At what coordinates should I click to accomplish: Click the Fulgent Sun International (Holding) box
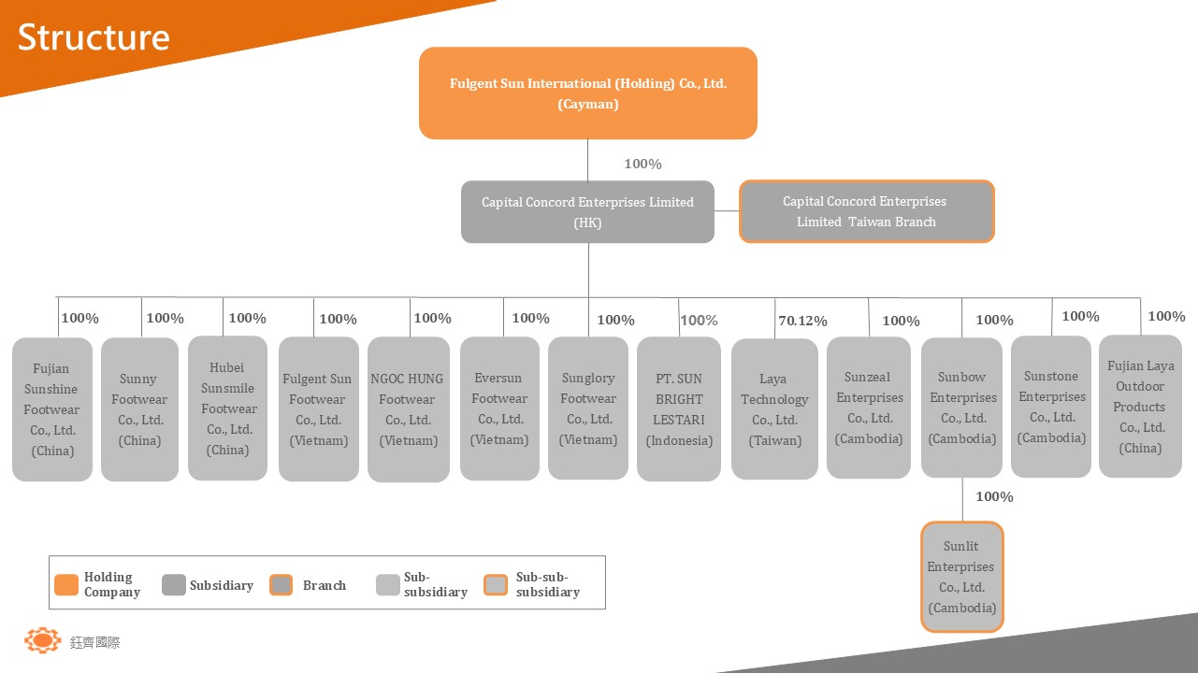[587, 93]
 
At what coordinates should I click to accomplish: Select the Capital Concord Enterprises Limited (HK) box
[587, 212]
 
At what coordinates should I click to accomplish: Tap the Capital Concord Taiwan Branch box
[866, 212]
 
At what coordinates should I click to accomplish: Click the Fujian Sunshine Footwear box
[52, 409]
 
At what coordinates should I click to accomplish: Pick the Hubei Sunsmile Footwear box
[228, 408]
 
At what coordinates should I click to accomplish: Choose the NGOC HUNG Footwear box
[408, 409]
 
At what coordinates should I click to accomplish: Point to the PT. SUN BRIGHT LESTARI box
[679, 409]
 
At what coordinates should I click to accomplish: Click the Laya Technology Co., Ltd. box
[774, 409]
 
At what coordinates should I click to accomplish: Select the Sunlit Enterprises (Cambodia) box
[962, 577]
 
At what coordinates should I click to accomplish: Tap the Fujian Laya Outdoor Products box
[1140, 407]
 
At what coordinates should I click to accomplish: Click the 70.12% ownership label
[802, 322]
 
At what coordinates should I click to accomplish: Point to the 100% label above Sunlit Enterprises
[994, 497]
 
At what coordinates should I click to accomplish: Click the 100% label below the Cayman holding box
[642, 165]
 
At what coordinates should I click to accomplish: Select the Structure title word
[94, 37]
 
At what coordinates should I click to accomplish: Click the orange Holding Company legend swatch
[66, 584]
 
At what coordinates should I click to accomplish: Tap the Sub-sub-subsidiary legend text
[548, 584]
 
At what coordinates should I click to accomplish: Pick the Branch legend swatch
[281, 584]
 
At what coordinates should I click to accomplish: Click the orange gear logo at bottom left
[42, 640]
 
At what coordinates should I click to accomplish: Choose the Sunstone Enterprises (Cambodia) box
[1051, 407]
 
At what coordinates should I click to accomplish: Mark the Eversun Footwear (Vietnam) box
[499, 409]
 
